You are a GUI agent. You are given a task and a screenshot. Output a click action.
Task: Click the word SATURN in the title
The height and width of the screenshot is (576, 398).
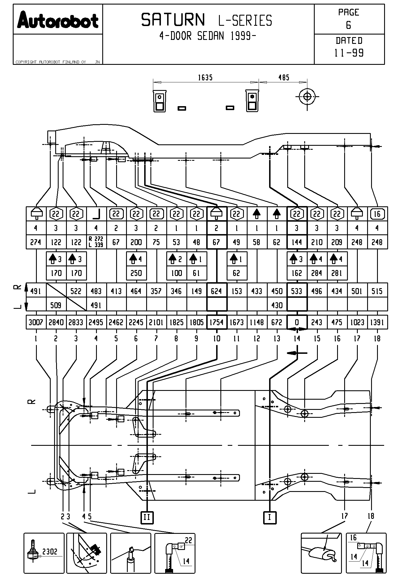tap(173, 20)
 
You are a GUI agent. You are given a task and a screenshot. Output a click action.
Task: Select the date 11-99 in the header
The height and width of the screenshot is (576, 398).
tap(349, 53)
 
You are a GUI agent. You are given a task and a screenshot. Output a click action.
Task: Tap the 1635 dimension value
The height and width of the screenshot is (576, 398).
tap(205, 78)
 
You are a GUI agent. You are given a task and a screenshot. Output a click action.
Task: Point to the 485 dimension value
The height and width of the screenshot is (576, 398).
tap(284, 78)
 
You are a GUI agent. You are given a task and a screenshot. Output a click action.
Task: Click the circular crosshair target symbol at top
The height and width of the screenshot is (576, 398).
tap(307, 97)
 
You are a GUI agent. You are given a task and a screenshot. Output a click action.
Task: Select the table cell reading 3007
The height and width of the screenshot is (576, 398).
tap(36, 322)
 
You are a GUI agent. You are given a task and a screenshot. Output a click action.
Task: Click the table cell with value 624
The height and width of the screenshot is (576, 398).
tap(217, 291)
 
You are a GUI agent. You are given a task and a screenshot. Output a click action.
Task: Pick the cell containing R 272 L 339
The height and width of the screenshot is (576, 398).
tap(96, 242)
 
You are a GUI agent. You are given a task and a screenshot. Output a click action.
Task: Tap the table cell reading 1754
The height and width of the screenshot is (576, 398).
tap(217, 322)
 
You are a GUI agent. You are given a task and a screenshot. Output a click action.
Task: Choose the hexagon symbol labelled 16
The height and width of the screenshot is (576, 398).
tap(377, 214)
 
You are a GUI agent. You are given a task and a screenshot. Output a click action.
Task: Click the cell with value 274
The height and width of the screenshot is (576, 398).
tap(36, 242)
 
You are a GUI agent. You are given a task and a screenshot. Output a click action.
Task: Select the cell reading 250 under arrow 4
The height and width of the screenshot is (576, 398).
tap(136, 273)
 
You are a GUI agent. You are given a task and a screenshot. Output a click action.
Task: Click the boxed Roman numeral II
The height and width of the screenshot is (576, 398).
tap(147, 517)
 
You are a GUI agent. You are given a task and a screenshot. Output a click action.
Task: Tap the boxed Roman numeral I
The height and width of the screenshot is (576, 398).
tap(269, 517)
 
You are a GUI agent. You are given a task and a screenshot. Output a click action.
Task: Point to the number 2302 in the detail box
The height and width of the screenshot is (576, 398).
tap(50, 551)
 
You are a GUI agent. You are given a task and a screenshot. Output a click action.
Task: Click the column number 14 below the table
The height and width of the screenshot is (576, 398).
tap(297, 339)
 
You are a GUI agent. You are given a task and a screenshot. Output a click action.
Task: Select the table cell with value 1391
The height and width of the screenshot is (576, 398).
tap(377, 322)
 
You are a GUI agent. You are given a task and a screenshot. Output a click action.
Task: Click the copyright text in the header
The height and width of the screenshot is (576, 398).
tap(51, 62)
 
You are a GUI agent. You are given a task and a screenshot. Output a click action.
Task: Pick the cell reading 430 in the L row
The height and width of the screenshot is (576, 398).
tap(277, 305)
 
